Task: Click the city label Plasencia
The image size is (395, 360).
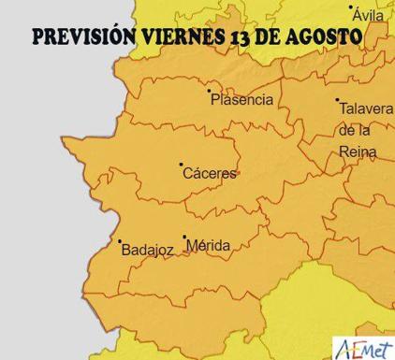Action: point(242,99)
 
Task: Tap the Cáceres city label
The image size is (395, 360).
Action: point(210,174)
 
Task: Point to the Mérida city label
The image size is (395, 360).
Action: point(209,246)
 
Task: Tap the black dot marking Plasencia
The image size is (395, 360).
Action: point(209,92)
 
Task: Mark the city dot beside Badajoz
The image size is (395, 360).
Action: point(120,241)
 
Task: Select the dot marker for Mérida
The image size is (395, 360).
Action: point(184,238)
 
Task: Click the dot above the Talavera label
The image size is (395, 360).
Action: point(337,100)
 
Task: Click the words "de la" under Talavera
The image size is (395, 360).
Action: point(355,130)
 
